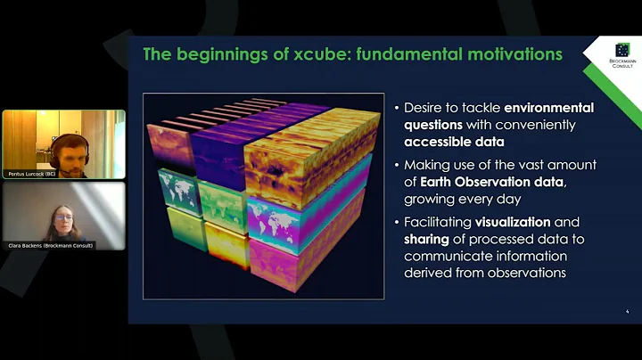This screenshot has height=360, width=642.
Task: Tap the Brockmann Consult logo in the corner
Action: (622, 55)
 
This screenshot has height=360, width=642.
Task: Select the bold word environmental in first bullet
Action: (542, 108)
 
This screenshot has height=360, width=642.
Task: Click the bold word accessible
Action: (440, 142)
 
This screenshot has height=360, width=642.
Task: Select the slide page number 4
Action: (627, 311)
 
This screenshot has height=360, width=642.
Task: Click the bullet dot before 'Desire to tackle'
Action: (396, 109)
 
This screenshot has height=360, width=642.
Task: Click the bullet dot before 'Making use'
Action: (396, 166)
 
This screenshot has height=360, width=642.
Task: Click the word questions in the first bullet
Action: (438, 125)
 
